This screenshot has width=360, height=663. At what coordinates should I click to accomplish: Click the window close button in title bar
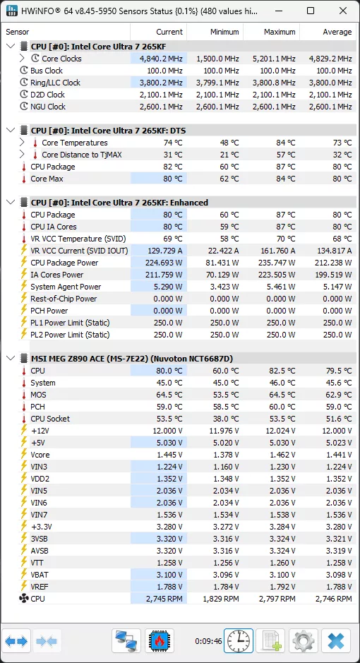tap(342, 11)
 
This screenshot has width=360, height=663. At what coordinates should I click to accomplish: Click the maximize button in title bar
tap(311, 11)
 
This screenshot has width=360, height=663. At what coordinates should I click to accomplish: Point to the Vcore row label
tap(40, 455)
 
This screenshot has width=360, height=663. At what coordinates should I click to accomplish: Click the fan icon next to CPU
tap(24, 599)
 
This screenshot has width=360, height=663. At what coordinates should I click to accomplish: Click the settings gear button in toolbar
tap(304, 641)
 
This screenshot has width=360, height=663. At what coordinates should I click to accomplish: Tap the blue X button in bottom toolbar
tap(336, 641)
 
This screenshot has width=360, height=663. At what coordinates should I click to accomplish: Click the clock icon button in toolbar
tap(239, 641)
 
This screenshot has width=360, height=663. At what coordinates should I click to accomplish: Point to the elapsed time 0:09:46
tap(208, 642)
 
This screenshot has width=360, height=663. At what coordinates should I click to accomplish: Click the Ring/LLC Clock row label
tap(55, 83)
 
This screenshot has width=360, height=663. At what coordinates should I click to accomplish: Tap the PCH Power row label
tap(49, 311)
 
